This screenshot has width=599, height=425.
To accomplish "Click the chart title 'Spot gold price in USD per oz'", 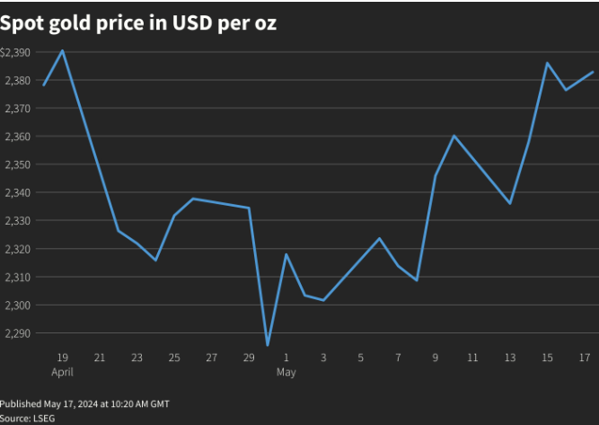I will click(x=138, y=23).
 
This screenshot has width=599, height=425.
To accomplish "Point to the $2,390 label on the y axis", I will click(x=16, y=53).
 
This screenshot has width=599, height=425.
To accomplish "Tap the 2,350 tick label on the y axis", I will click(x=18, y=164).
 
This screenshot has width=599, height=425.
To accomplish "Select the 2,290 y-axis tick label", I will click(x=18, y=333).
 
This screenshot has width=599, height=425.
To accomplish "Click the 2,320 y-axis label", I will click(x=18, y=249).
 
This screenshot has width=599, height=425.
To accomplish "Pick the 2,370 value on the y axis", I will click(x=18, y=109).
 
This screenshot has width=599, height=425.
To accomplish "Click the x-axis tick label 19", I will click(x=63, y=358).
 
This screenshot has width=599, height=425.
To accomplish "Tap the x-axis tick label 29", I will click(x=249, y=358).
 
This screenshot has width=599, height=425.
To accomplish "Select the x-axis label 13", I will click(x=510, y=358).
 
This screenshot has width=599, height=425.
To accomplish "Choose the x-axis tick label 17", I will click(x=585, y=358).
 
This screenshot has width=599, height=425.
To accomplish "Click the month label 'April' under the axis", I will click(x=63, y=371).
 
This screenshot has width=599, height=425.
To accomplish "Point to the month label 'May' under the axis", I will click(x=286, y=371).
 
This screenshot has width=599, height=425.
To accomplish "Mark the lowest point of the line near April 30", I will click(x=268, y=345).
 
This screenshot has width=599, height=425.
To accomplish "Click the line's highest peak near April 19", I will click(x=62, y=50).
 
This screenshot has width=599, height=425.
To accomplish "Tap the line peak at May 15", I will click(x=548, y=63).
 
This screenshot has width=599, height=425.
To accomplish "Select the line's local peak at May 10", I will click(x=454, y=136).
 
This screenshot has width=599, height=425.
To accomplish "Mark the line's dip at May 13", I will click(x=510, y=203).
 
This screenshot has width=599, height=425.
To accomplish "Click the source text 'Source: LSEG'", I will click(x=27, y=419).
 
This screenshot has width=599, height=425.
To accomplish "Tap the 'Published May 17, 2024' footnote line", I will click(x=84, y=404).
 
